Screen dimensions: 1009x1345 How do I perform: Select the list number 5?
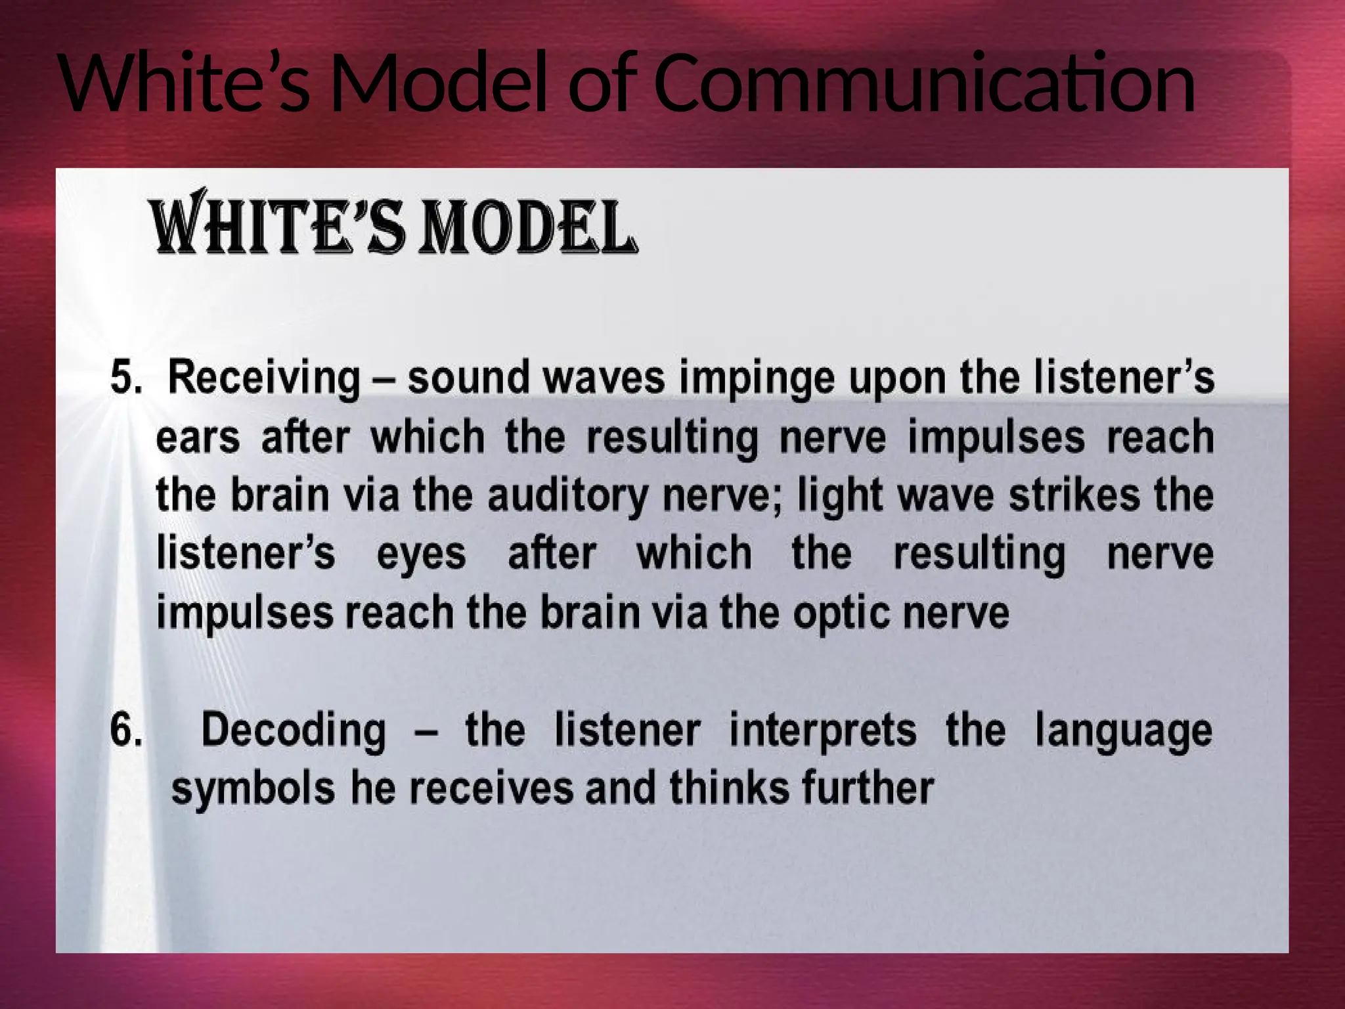pos(125,377)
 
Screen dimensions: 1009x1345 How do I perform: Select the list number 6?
pos(125,729)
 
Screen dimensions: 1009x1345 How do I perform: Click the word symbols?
pos(253,788)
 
